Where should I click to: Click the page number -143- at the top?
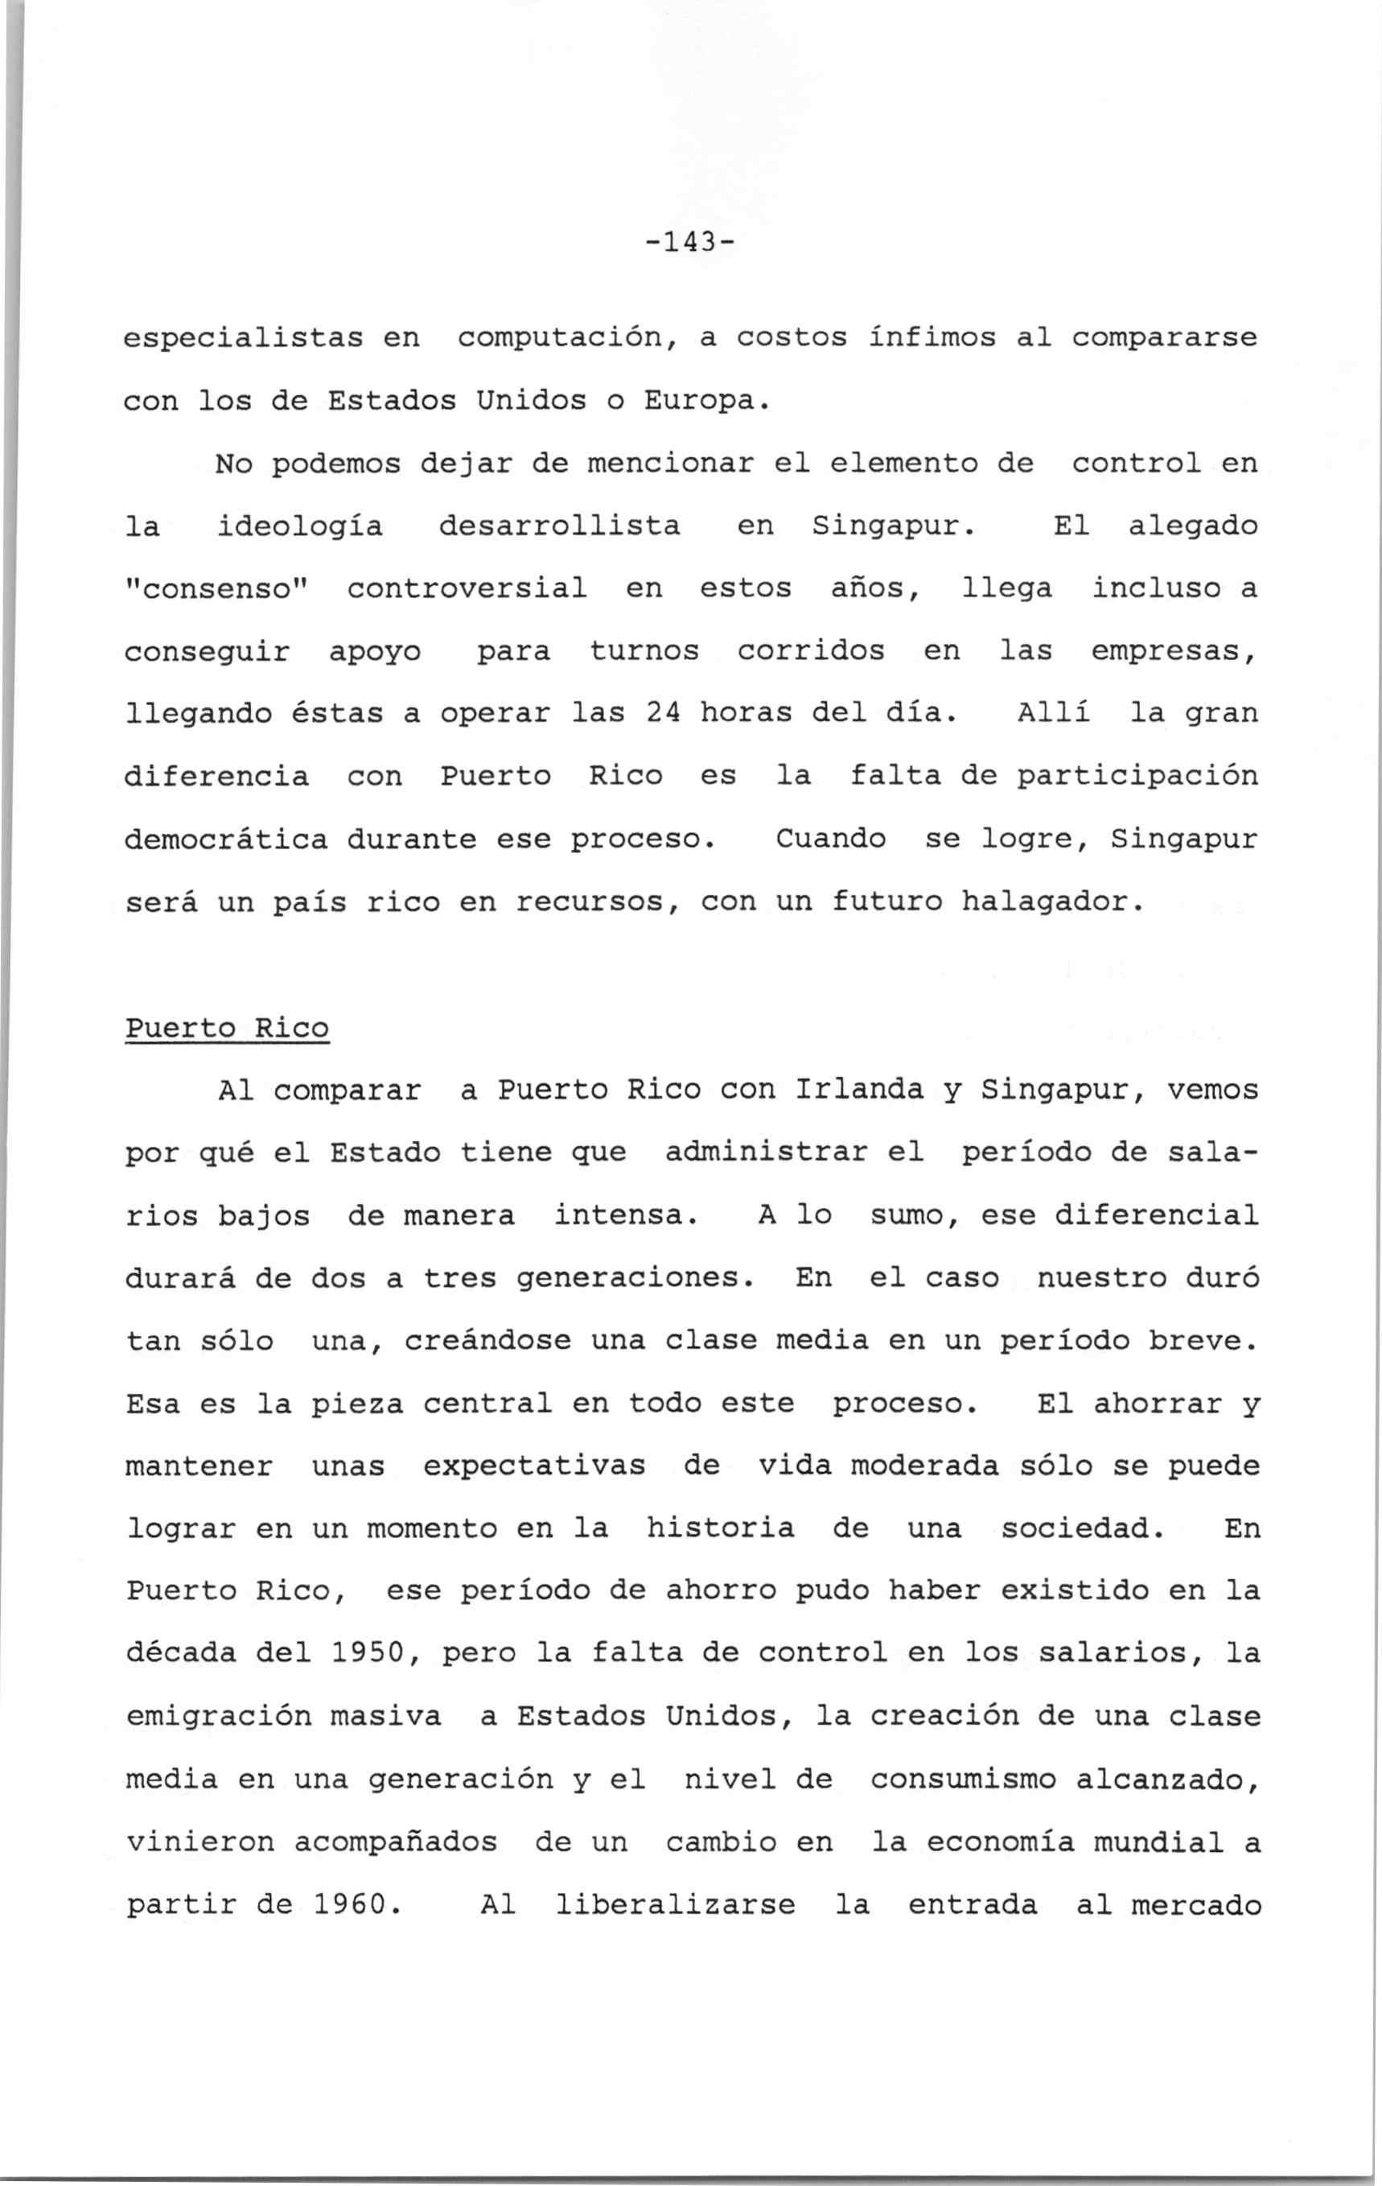[689, 243]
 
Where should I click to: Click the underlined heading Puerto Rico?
[227, 1029]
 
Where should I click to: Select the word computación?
[569, 339]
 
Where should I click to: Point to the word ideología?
[299, 527]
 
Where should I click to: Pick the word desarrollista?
[559, 526]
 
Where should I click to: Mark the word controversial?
[467, 589]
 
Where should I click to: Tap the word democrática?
[226, 839]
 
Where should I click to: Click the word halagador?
[1048, 902]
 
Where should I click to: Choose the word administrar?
[794, 1153]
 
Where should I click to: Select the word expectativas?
[534, 1467]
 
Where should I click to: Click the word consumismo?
[963, 1780]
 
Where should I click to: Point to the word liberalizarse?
[674, 1905]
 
